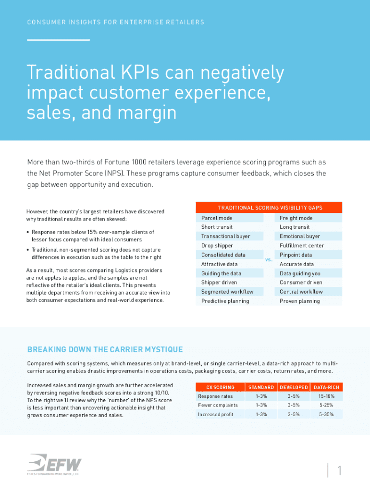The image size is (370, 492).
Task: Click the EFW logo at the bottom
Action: [54, 465]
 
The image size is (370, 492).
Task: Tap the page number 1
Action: [339, 471]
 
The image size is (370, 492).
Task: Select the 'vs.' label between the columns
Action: [269, 259]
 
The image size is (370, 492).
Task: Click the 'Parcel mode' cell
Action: [217, 218]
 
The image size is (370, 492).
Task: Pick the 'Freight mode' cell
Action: [296, 218]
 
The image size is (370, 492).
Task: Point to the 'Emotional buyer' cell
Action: [300, 236]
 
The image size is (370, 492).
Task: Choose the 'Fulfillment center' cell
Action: [302, 246]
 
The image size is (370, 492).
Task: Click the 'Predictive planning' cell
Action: [225, 301]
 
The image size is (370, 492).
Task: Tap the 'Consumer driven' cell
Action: [301, 283]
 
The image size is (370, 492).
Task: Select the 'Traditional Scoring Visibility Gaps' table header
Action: [270, 208]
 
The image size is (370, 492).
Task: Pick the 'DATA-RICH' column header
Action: [326, 387]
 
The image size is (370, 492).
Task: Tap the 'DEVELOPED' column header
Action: [294, 387]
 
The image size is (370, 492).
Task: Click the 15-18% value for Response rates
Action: [326, 396]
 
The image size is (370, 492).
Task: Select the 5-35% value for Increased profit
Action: [326, 415]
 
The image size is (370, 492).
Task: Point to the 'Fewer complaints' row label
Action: [218, 406]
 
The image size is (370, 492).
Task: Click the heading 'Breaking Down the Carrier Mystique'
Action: [105, 349]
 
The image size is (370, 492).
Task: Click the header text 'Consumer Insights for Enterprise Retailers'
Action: [116, 22]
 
